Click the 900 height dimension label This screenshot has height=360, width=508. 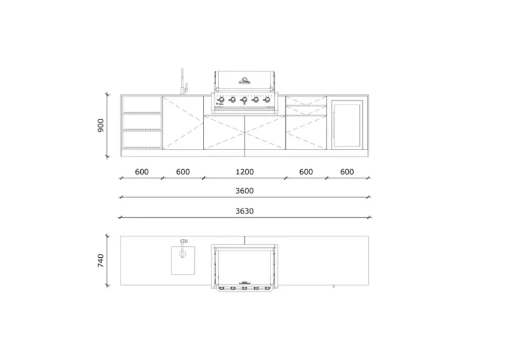pyautogui.click(x=101, y=125)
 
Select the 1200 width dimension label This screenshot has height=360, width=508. pyautogui.click(x=245, y=172)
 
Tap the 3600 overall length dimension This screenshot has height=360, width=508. pyautogui.click(x=245, y=191)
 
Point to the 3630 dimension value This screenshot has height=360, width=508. pyautogui.click(x=245, y=210)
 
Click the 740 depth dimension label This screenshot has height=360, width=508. pyautogui.click(x=101, y=260)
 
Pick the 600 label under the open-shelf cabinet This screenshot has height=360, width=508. pyautogui.click(x=142, y=172)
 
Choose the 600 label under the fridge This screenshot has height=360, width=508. pyautogui.click(x=347, y=172)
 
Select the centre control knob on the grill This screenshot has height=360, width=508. pyautogui.click(x=244, y=100)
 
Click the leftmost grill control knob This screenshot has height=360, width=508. pyautogui.click(x=221, y=100)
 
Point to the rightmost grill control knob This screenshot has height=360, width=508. pyautogui.click(x=267, y=100)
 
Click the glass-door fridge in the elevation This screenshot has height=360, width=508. pyautogui.click(x=347, y=124)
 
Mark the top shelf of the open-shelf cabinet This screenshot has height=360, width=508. pyautogui.click(x=142, y=113)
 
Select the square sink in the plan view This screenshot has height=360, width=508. pyautogui.click(x=183, y=260)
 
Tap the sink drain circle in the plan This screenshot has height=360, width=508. pyautogui.click(x=183, y=253)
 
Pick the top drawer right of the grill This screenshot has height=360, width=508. pyautogui.click(x=306, y=101)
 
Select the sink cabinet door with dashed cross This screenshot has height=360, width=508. pyautogui.click(x=183, y=123)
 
